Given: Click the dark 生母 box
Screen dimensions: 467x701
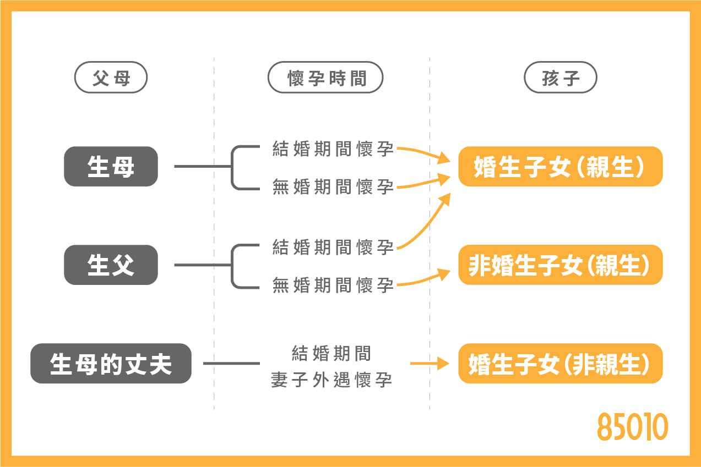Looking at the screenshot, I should coord(111,166).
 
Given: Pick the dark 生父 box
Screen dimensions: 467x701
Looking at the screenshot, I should coord(111,265).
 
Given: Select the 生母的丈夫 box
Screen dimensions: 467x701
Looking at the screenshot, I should coord(111,363).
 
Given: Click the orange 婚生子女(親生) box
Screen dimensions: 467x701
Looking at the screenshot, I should coord(560,166).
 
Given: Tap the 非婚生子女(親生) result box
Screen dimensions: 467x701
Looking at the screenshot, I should coord(560,265).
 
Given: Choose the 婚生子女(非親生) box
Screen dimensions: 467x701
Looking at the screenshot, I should coord(560,363).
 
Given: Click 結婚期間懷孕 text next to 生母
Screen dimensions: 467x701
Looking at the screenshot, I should coord(333,149).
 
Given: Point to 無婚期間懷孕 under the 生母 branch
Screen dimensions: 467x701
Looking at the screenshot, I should coord(333,187).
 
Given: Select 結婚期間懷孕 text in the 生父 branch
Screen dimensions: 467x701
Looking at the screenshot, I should coord(333,247).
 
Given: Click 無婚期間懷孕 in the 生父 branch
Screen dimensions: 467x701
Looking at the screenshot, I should coord(333,285).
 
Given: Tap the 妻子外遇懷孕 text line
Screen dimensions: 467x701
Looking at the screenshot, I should coord(332,380).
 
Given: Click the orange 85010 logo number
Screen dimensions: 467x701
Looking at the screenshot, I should coord(633,427).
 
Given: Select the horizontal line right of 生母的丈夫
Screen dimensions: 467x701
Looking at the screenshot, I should coord(231,363).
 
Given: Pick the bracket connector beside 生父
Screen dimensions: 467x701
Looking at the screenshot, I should coord(234,265).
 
